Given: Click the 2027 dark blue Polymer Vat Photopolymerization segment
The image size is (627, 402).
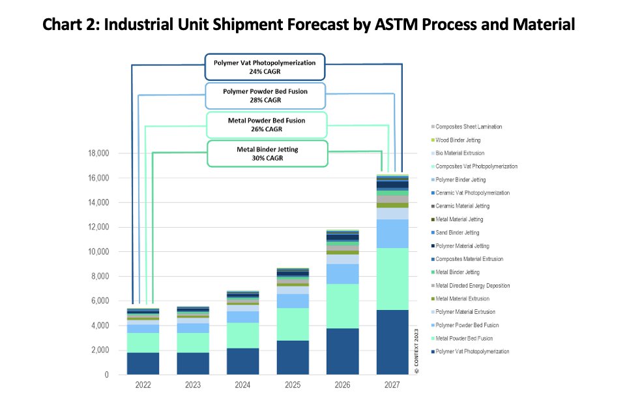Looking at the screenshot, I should (392, 342).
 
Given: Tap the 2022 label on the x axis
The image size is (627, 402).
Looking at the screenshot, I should (143, 385).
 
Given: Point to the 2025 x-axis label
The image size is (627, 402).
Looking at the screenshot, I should (293, 385).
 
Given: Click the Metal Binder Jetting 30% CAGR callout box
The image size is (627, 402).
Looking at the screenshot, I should (267, 153).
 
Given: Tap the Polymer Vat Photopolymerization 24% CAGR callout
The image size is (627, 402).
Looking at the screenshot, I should (265, 67).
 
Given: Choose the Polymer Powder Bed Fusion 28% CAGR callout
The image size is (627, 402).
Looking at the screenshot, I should (265, 96).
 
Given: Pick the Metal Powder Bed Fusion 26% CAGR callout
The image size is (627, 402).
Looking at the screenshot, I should (267, 125).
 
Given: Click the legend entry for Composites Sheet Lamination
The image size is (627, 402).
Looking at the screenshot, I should (468, 127).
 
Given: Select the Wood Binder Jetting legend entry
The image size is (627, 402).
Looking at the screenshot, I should (459, 140).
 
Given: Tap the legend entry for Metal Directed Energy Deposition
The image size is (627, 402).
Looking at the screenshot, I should (472, 286).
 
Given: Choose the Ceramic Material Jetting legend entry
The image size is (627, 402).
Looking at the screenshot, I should (463, 206).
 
